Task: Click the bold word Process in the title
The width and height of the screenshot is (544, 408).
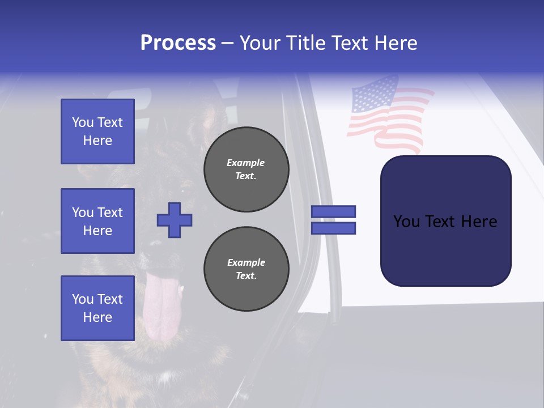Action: click(178, 43)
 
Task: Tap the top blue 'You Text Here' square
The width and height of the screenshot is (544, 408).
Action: click(97, 131)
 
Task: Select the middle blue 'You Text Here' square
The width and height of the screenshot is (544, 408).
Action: click(97, 221)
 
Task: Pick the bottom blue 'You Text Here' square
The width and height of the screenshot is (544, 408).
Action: click(97, 308)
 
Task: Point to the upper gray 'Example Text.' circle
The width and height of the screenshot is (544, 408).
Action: click(246, 169)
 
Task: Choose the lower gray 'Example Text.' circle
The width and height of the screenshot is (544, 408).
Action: click(246, 269)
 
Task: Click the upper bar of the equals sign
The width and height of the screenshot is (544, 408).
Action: click(333, 211)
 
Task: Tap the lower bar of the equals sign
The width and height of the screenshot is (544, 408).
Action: click(333, 228)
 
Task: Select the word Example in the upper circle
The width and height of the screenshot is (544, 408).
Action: click(246, 163)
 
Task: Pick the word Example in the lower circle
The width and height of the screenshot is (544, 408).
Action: click(246, 262)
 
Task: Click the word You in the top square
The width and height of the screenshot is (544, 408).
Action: click(83, 122)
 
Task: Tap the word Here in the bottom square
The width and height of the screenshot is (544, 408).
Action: click(97, 317)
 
